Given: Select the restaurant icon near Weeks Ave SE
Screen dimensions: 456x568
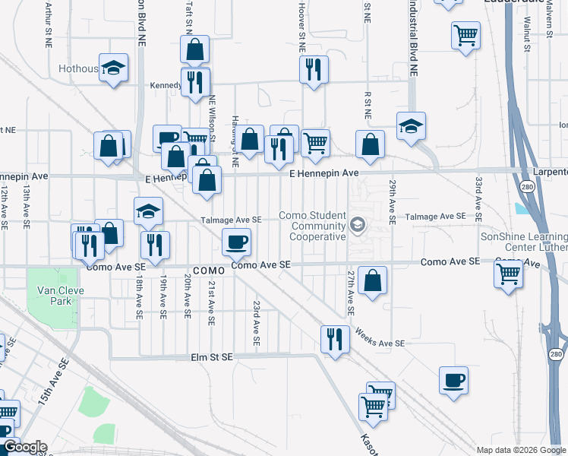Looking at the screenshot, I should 335,340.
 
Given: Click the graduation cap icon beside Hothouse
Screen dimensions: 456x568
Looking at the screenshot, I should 114,68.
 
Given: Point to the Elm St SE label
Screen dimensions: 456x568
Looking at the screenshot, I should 212,356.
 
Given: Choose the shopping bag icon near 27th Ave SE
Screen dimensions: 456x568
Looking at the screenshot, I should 372,280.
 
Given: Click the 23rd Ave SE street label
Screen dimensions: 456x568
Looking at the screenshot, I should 257,325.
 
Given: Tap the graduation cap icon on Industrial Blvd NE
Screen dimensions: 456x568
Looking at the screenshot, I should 411,126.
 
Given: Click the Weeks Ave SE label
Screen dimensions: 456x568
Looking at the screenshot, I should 380,338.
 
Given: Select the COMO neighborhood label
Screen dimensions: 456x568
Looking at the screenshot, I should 209,271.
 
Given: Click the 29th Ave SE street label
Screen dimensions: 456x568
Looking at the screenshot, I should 393,201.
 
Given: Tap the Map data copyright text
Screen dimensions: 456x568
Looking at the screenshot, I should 522,449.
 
